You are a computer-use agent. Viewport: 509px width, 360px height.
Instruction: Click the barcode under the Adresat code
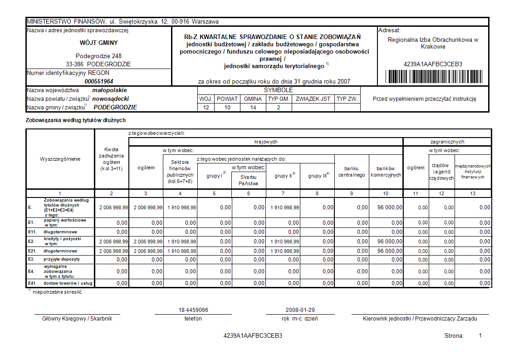click(433, 76)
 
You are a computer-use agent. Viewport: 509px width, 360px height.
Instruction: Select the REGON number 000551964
click(99, 81)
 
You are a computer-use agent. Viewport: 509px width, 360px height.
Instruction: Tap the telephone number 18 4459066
click(193, 310)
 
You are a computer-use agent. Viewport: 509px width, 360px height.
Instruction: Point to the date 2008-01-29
click(300, 310)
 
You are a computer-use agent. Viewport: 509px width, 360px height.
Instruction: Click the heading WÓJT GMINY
click(98, 43)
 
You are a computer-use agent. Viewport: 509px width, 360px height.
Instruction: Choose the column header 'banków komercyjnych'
click(386, 172)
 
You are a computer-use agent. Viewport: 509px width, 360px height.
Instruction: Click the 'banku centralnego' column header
click(352, 172)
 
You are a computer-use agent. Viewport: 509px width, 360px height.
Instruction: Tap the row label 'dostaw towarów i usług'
click(68, 283)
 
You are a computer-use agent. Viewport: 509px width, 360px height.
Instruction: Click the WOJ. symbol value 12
click(206, 108)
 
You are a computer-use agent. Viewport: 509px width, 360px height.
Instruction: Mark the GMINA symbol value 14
click(253, 108)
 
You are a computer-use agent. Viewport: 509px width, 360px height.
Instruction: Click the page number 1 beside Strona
click(480, 335)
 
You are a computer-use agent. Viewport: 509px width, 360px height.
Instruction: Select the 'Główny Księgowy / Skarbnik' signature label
click(77, 319)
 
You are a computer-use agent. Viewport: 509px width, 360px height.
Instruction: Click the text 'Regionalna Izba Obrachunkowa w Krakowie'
click(433, 43)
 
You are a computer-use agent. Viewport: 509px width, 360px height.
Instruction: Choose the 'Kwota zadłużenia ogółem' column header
click(111, 159)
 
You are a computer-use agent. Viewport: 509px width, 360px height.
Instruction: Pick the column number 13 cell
click(473, 194)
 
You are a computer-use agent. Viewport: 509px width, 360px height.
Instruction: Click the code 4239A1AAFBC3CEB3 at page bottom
click(253, 336)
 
